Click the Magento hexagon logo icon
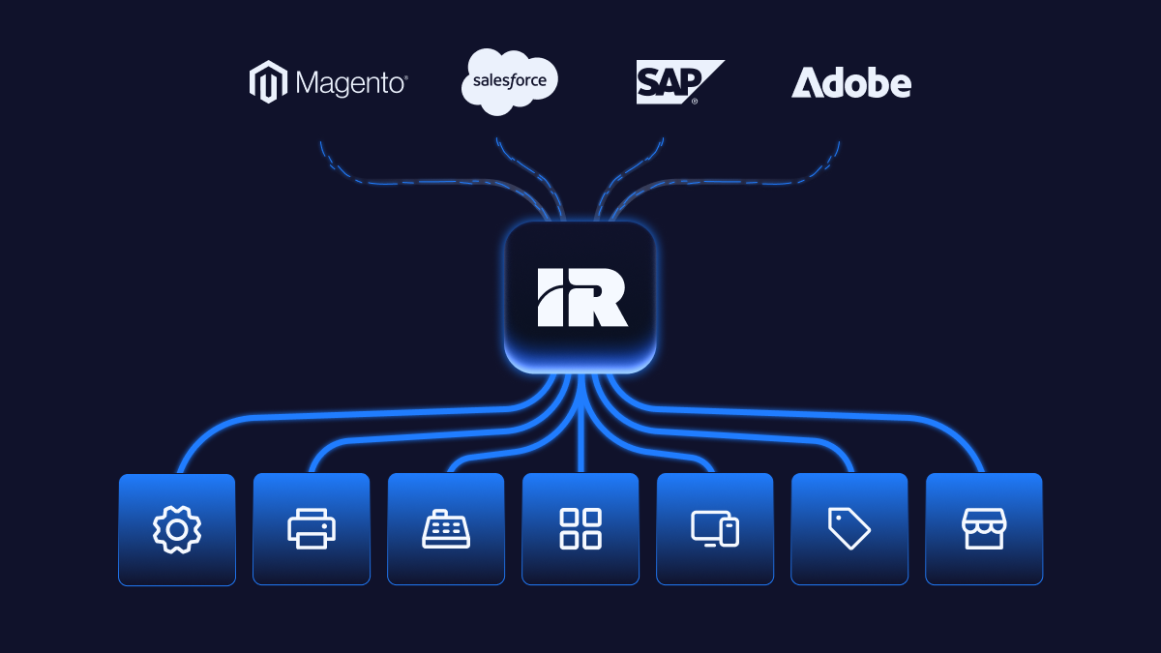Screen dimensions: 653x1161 tap(268, 82)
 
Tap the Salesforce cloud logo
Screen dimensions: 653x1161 tap(510, 82)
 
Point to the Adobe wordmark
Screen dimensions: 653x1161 tap(851, 83)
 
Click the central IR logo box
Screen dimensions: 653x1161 tap(580, 297)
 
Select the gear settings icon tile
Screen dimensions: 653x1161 tap(177, 529)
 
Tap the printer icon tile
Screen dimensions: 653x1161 tap(312, 529)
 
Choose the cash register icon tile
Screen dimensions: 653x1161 tap(446, 529)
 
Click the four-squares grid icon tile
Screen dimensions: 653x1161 tap(580, 529)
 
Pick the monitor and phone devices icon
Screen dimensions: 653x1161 tap(715, 529)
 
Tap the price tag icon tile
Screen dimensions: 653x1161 tap(849, 529)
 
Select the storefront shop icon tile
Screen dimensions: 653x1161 tap(984, 529)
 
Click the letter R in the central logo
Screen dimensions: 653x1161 tap(602, 297)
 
